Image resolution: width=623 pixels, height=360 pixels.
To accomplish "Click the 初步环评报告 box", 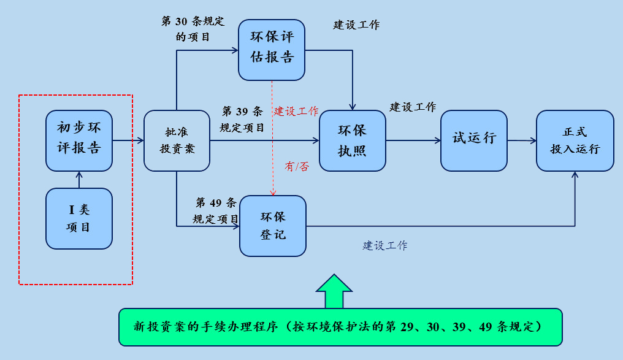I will [79, 140].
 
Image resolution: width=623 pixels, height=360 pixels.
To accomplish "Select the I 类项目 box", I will [79, 218].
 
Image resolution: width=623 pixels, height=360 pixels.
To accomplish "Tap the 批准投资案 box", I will [177, 140].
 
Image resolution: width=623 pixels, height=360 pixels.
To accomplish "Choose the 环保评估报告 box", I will [272, 49].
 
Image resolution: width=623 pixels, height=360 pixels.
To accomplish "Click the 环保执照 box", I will [352, 140].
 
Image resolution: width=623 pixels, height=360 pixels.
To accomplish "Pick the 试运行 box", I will [474, 140].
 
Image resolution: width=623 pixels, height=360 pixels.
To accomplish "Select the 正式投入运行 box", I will [575, 140].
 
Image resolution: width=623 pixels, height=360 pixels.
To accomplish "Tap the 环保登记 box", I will [273, 226].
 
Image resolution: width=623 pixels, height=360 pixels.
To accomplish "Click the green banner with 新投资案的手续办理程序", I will [340, 327].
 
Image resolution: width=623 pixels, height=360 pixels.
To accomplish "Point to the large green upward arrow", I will [334, 291].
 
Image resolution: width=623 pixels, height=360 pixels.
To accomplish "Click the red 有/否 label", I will [297, 167].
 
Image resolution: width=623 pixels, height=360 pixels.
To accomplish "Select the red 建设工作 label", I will [296, 112].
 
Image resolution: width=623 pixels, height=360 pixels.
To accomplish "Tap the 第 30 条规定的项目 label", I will [193, 29].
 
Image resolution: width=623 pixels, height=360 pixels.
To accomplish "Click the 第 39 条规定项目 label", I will [242, 120].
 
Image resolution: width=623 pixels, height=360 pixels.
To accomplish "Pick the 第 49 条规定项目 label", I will [216, 210].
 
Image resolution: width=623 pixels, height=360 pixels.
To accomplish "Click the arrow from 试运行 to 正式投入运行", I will [522, 140].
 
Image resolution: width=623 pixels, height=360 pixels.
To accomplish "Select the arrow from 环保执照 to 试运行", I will [413, 140].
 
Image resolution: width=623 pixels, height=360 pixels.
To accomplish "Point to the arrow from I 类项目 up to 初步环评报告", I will [79, 179].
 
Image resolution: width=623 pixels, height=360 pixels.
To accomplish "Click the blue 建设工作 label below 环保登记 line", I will [385, 246].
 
